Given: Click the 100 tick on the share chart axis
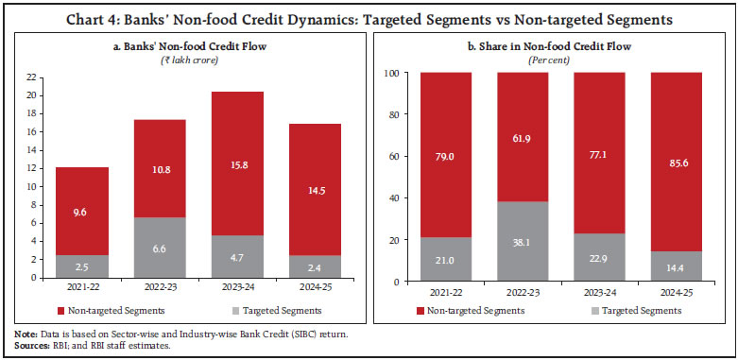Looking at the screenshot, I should point(393,73).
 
